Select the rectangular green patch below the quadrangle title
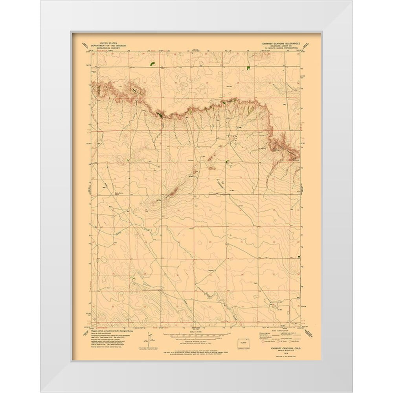[248, 67]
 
